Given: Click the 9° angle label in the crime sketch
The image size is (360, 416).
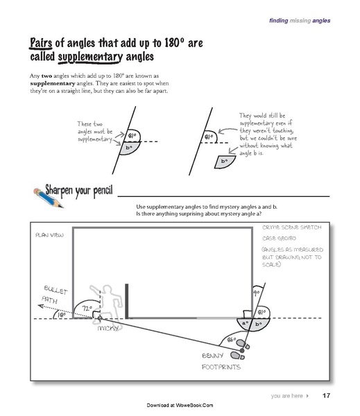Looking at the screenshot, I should tap(257, 293).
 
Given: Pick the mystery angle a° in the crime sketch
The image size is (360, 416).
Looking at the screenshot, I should tap(244, 323).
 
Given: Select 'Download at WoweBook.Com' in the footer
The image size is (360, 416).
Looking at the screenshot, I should tap(180, 405).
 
